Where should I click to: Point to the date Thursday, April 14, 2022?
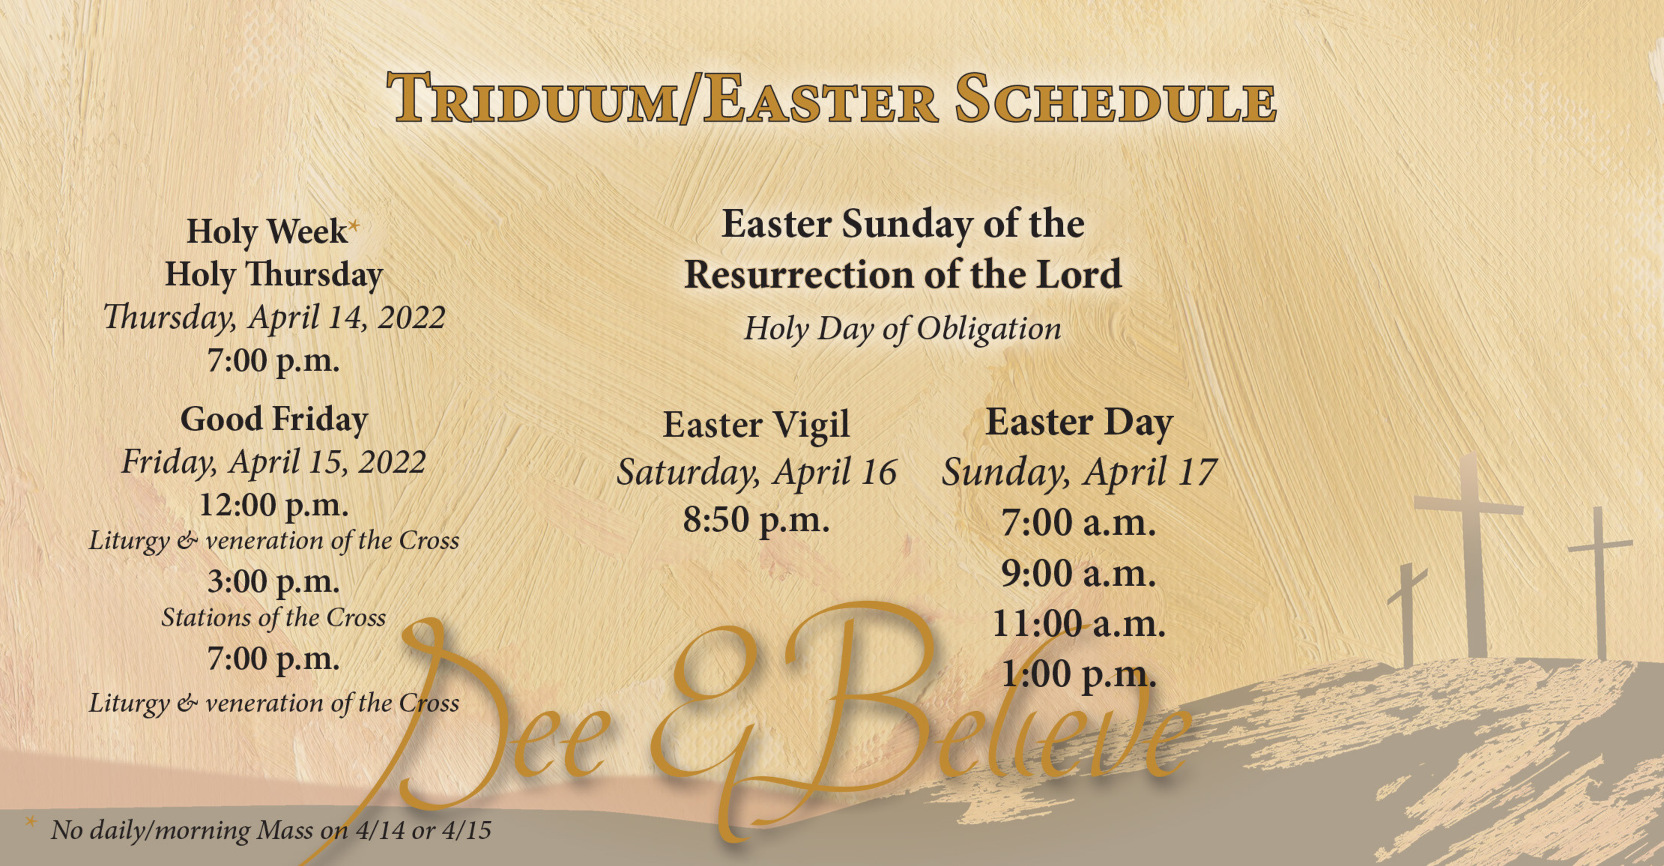274,317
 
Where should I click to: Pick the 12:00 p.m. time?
274,505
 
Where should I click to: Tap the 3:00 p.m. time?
274,582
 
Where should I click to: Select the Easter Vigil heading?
756,426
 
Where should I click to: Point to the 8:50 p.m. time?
756,520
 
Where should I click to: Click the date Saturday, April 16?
756,472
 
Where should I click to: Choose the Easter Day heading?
1079,423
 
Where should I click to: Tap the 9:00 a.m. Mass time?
1079,573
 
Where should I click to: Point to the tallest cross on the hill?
1470,555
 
